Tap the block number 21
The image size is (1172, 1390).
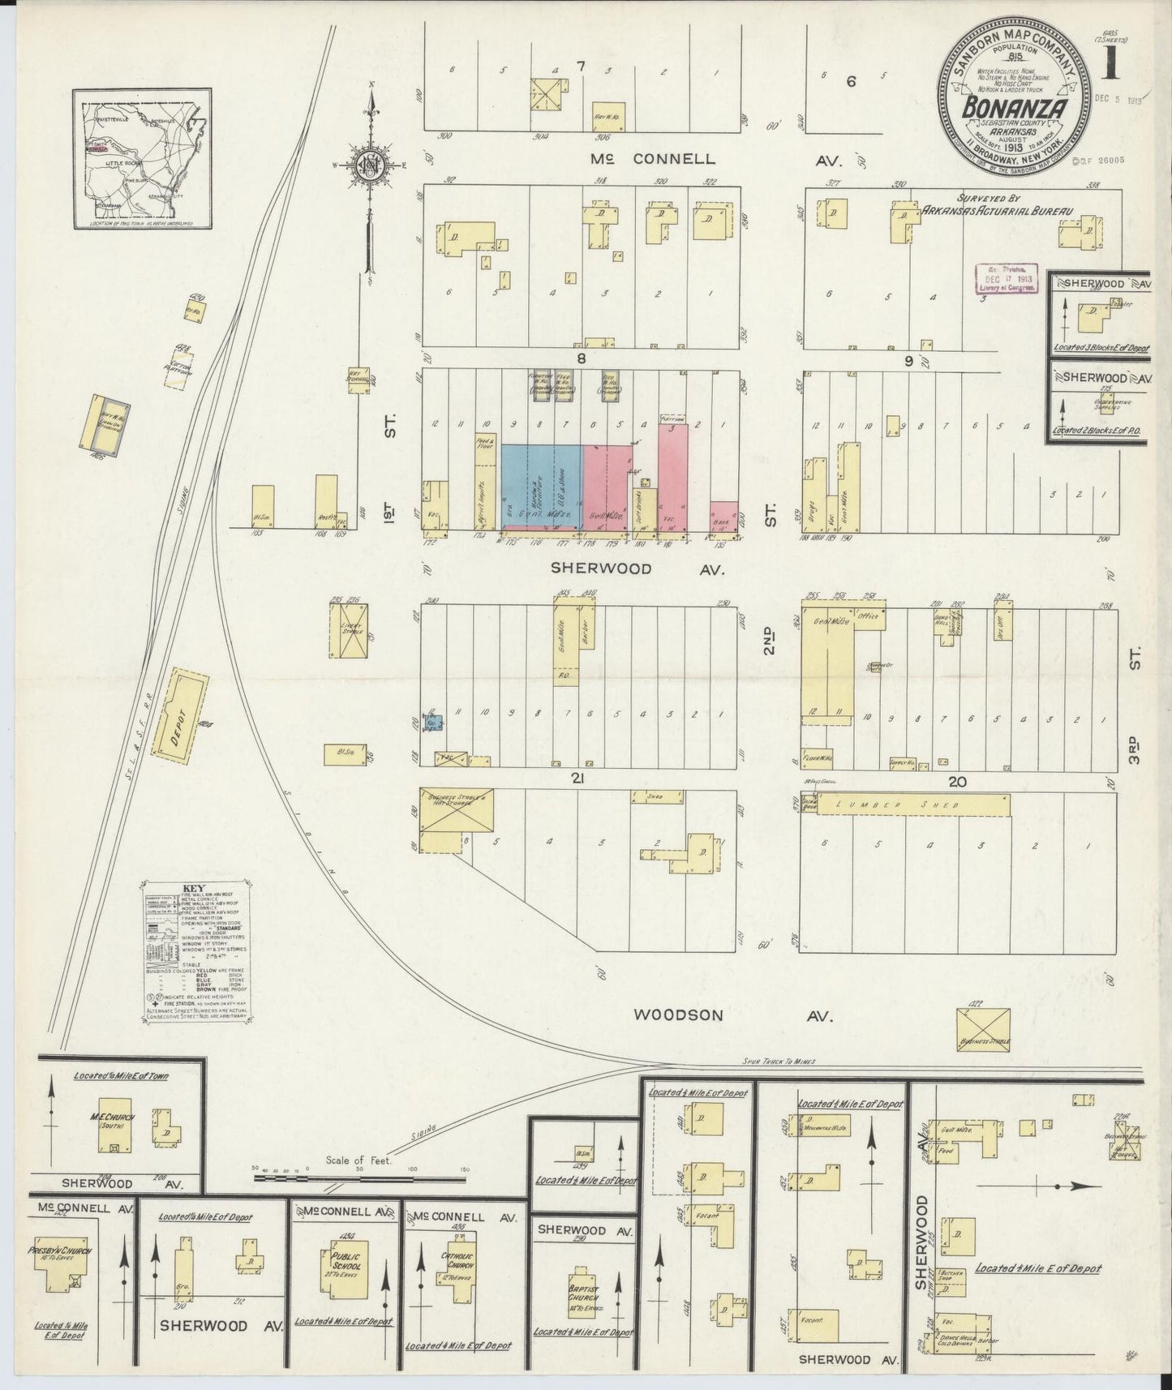pos(577,779)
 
